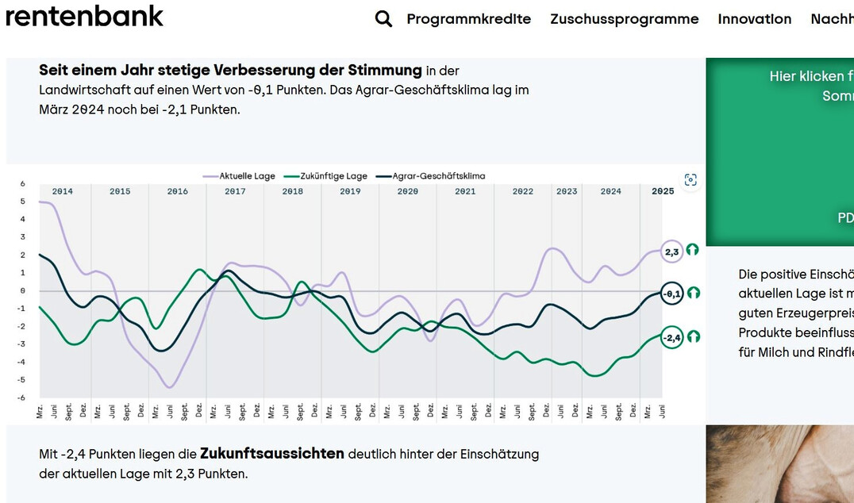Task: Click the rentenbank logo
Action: pos(84,16)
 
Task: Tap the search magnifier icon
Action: pos(383,19)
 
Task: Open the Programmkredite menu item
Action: pos(468,19)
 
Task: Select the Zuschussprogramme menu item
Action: pos(624,19)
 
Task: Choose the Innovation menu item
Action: pos(754,19)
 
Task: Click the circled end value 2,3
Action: pos(671,251)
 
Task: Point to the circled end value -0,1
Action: pos(671,294)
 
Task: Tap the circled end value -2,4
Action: pos(671,338)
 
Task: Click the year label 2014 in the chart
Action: pos(63,191)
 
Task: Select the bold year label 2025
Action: pos(662,191)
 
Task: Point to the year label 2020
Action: pos(407,191)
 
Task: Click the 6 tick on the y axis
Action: pos(23,183)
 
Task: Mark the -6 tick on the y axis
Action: pos(22,397)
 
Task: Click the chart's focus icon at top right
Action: pos(691,180)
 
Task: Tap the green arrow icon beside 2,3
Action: pos(693,250)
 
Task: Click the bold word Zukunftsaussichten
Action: pos(271,454)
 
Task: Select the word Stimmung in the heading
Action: pos(387,71)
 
